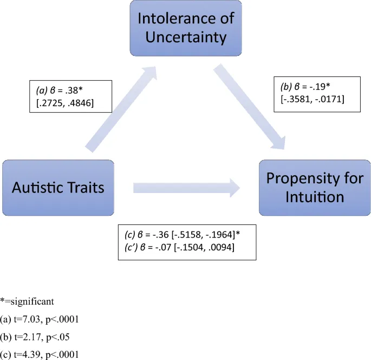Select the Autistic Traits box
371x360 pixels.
point(57,188)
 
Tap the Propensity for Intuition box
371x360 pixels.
point(314,188)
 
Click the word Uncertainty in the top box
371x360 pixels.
point(186,38)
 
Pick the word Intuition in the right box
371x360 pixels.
point(314,196)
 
